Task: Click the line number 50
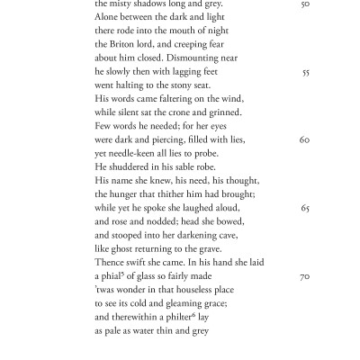tap(306, 4)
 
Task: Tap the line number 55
tap(306, 72)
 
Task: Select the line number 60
tap(305, 140)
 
